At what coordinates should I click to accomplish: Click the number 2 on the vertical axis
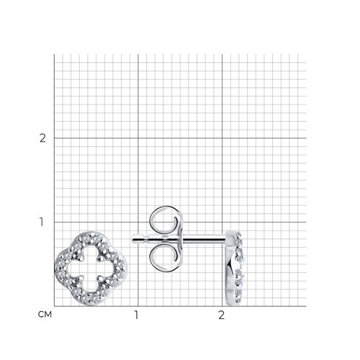click(42, 138)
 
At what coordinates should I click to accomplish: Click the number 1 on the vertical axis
click(42, 222)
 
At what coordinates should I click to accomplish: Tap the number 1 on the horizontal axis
click(136, 315)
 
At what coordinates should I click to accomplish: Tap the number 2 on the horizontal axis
click(221, 315)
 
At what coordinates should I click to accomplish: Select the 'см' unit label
click(45, 315)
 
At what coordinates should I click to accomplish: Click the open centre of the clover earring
click(91, 269)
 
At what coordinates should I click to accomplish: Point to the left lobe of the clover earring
click(61, 269)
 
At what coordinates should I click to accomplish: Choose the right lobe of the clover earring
click(120, 269)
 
